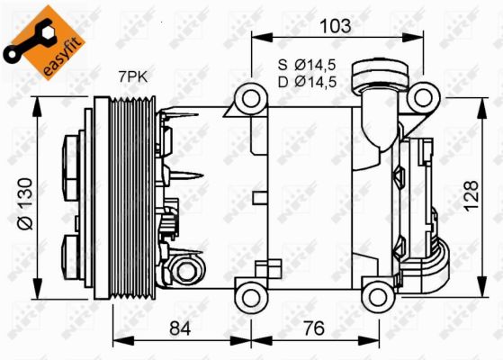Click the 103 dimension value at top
coord(335,25)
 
